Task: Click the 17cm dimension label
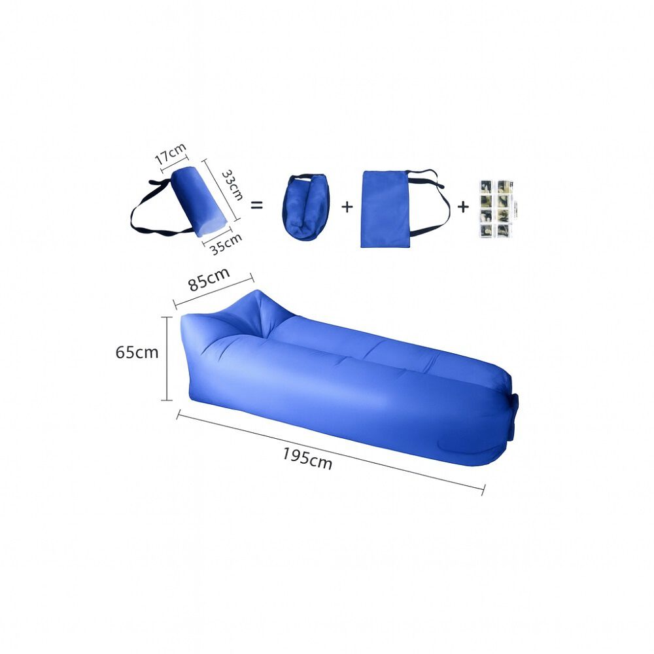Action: [x=170, y=154]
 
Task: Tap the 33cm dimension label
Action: [x=232, y=185]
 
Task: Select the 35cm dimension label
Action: [x=226, y=243]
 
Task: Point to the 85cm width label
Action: [x=209, y=278]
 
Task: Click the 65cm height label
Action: [x=137, y=353]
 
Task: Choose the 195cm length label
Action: [x=307, y=458]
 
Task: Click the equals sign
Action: [x=256, y=205]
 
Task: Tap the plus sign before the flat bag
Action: [x=347, y=207]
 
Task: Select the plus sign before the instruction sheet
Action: [x=463, y=207]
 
